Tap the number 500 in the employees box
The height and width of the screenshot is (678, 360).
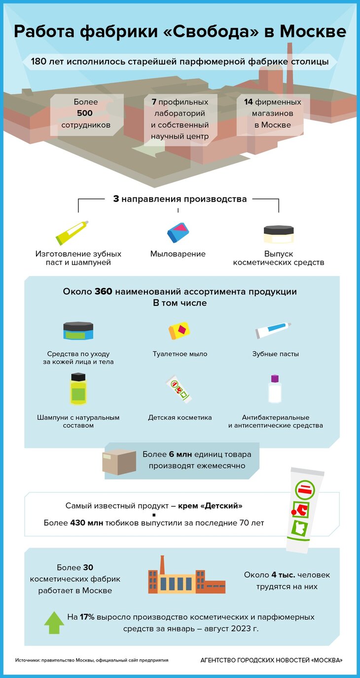pos(85,113)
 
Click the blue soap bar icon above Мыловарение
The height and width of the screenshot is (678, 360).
pos(178,233)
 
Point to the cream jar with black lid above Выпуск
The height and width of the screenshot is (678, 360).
pos(279,234)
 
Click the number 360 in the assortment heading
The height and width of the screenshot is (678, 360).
pos(104,292)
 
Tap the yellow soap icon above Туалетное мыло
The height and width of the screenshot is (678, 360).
pos(179,331)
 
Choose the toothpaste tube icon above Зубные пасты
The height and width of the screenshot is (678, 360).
pos(273,330)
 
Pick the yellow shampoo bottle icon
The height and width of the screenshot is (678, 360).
pos(78,389)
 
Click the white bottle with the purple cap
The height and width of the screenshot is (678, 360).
pos(275,389)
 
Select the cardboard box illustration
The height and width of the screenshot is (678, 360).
pos(119,461)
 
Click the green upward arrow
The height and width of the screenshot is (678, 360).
pos(54,622)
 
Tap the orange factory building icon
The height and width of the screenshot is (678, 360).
pos(186,575)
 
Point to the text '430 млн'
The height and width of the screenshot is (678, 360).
pos(87,523)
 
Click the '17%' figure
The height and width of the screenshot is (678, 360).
pos(87,617)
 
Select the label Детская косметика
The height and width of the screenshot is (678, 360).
pos(180,417)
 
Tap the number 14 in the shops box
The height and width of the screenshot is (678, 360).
pos(249,102)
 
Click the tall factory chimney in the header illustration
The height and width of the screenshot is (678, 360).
pos(289,68)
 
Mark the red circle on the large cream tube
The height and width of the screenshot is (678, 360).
pos(293,512)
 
